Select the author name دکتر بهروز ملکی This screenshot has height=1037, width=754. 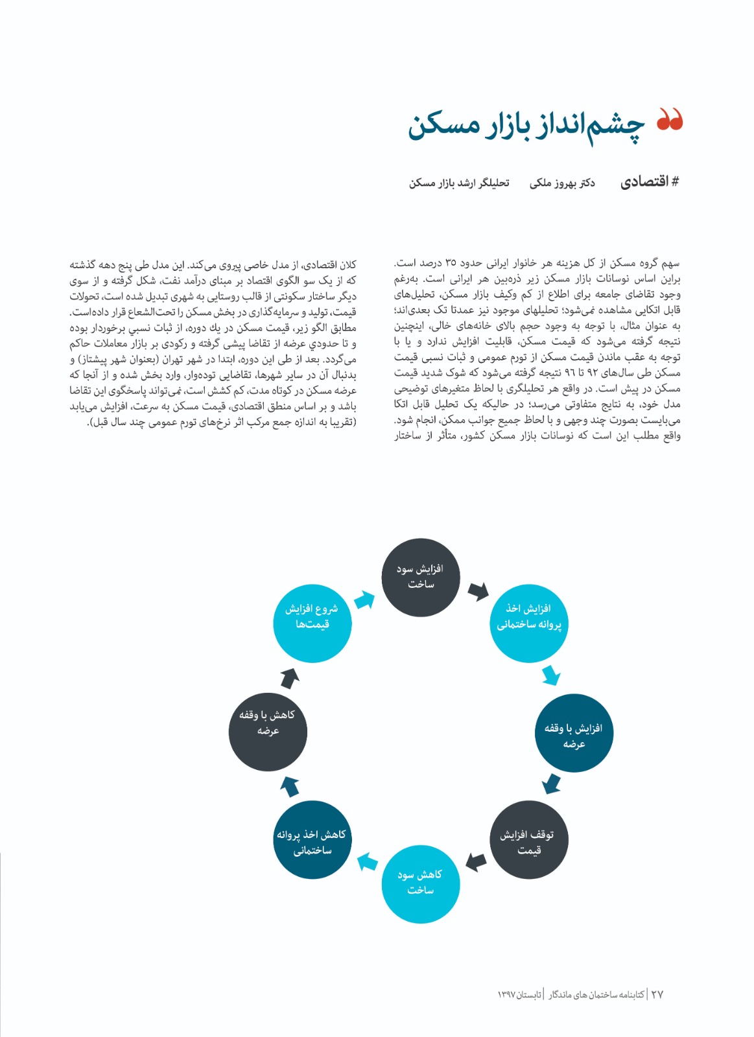coord(562,183)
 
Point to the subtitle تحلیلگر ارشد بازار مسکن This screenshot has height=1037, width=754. coord(459,183)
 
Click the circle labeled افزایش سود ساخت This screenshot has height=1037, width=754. coord(420,577)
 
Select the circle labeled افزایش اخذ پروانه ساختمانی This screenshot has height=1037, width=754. coord(528,623)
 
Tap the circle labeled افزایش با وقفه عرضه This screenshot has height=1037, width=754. coord(573,735)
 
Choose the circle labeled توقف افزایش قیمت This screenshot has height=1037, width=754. coord(528,841)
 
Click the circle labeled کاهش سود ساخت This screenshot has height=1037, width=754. coord(420,883)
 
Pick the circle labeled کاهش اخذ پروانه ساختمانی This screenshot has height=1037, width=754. coord(312,841)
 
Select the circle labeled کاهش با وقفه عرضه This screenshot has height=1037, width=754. coord(267,731)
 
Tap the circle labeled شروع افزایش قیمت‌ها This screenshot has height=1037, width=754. coord(312,623)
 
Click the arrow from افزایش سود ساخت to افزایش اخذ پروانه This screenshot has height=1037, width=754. coord(478,590)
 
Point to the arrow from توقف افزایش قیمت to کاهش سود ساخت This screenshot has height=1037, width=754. coord(476,862)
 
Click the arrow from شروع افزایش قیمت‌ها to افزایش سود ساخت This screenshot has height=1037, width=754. coord(365,600)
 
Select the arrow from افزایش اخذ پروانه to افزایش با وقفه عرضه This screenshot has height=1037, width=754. coord(551,675)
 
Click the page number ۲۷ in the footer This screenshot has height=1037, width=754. coord(657,994)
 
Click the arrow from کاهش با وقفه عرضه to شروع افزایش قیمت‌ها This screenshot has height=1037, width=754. coord(290,678)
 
